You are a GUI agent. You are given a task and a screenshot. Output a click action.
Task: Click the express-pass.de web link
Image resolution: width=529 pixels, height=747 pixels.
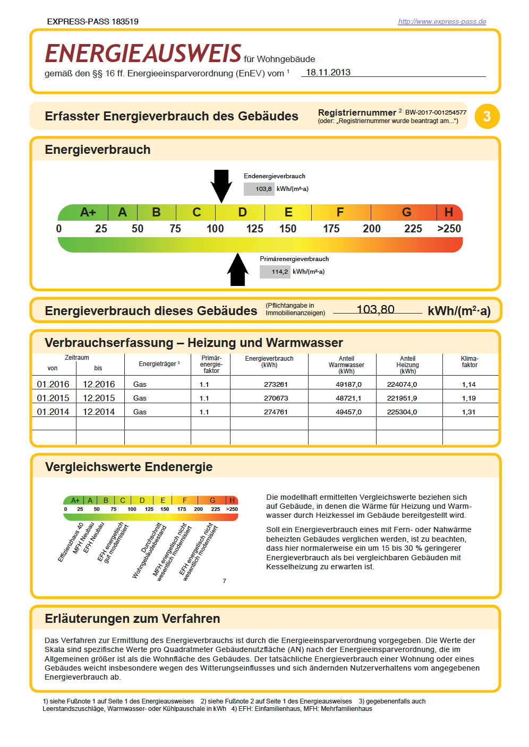pyautogui.click(x=442, y=22)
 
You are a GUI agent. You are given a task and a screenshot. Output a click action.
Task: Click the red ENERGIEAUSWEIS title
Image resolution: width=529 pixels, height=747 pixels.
pyautogui.click(x=143, y=54)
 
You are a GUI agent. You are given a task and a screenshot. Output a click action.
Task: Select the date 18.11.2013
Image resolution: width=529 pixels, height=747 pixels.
pyautogui.click(x=328, y=73)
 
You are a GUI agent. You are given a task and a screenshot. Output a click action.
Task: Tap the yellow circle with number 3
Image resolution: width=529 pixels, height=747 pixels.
pyautogui.click(x=487, y=117)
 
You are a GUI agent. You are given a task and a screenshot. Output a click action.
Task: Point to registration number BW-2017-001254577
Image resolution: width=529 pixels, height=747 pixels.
pyautogui.click(x=436, y=112)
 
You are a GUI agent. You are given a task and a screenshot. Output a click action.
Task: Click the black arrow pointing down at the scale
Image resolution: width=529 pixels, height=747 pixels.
pyautogui.click(x=221, y=185)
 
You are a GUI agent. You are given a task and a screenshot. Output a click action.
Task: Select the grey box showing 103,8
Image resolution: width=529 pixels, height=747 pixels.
pyautogui.click(x=259, y=189)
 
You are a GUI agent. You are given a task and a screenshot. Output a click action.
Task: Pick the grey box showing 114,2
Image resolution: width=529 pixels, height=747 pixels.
pyautogui.click(x=275, y=272)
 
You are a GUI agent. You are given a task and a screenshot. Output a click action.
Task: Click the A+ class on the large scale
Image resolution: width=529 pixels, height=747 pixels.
pyautogui.click(x=88, y=212)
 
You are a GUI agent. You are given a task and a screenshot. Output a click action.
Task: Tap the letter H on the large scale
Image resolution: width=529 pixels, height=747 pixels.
pyautogui.click(x=449, y=212)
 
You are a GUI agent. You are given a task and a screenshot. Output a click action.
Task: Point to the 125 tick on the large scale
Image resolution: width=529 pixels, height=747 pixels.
pyautogui.click(x=254, y=229)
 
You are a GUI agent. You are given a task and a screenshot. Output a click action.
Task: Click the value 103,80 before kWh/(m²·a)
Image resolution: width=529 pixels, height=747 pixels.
pyautogui.click(x=376, y=309)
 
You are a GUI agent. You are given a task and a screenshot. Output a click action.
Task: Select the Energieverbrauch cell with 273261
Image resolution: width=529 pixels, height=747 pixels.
pyautogui.click(x=276, y=384)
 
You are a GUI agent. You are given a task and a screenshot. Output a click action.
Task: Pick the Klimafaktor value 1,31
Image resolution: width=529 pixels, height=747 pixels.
pyautogui.click(x=468, y=412)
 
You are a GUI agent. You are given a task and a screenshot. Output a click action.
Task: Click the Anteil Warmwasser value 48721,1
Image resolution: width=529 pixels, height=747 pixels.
pyautogui.click(x=348, y=398)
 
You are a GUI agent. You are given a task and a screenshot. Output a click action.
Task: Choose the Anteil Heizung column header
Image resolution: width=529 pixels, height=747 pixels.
pyautogui.click(x=407, y=365)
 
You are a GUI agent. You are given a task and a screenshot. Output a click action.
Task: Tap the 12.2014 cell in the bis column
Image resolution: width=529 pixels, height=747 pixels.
pyautogui.click(x=99, y=412)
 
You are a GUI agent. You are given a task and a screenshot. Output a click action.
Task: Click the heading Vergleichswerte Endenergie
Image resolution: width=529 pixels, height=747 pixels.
pyautogui.click(x=129, y=467)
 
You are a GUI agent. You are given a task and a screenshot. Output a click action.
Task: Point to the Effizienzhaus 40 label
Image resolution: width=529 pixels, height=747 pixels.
pyautogui.click(x=70, y=543)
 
